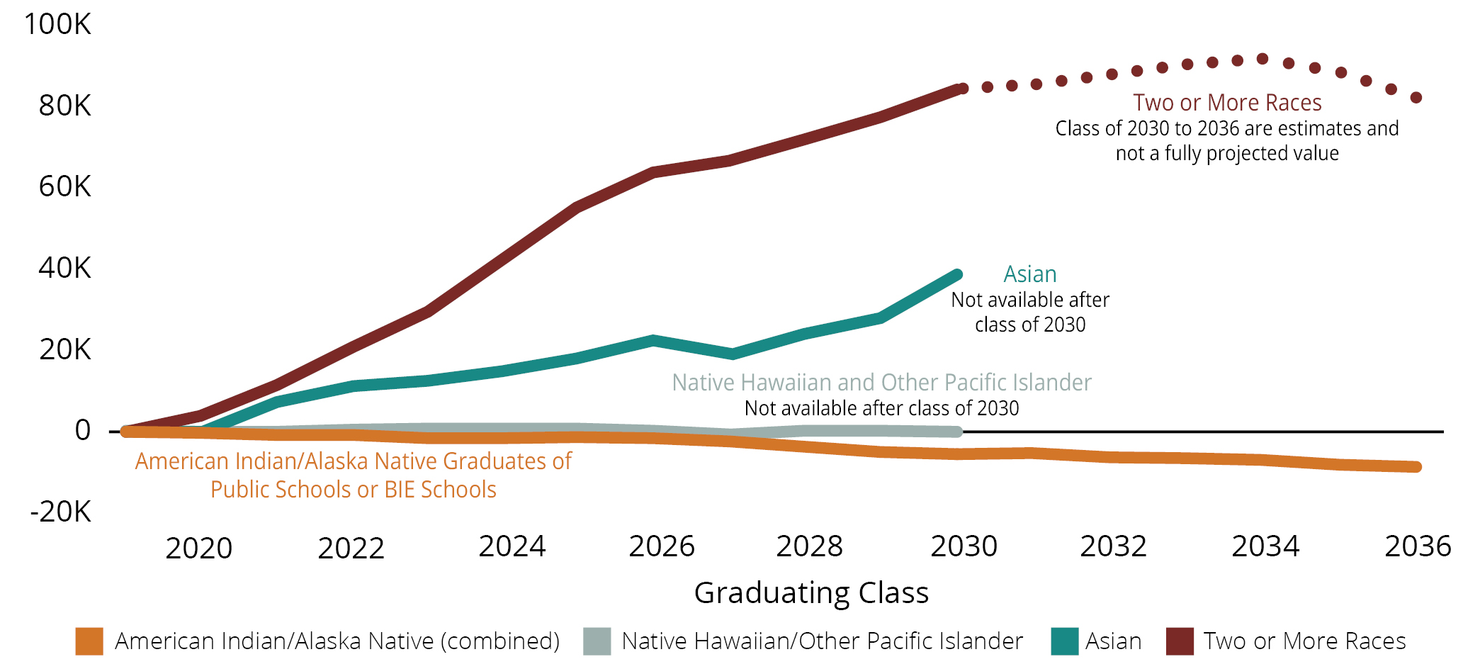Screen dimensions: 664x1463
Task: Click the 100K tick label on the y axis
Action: tap(57, 24)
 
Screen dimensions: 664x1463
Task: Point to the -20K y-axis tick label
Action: tap(60, 511)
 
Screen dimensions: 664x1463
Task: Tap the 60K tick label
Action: tap(64, 186)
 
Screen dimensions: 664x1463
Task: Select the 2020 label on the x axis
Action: tap(198, 548)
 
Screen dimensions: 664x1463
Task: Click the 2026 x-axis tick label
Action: tap(662, 546)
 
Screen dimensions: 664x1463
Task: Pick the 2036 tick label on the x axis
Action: tap(1418, 546)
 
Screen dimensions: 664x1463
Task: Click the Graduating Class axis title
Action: tap(811, 592)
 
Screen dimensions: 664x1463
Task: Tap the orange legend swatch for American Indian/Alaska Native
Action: tap(89, 641)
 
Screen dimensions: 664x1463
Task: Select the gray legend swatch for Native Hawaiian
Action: tap(597, 641)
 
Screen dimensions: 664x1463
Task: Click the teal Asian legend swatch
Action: tap(1065, 641)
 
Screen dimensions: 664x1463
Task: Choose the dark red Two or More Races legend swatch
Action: tap(1180, 641)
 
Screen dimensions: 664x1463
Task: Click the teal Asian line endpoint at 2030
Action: tap(957, 274)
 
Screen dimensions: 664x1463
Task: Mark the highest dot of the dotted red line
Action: tap(1263, 59)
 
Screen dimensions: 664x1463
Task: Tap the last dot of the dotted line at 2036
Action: tap(1416, 98)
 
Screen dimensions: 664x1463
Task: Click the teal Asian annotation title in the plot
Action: tap(1030, 274)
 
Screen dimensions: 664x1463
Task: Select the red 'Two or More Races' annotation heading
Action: tap(1227, 103)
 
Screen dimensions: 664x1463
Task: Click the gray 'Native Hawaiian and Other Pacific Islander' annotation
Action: tap(881, 383)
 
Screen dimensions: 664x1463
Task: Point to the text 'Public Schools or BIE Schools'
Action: tap(353, 490)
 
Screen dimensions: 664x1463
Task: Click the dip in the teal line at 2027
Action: tap(732, 354)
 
